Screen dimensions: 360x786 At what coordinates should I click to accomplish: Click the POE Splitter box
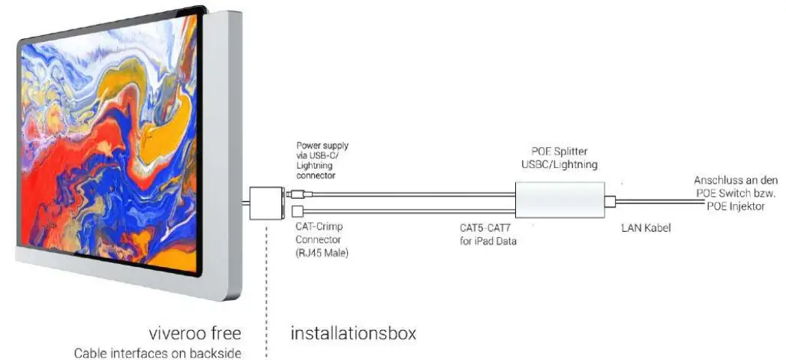[x=559, y=199]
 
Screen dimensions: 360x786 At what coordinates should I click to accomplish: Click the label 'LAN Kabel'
[x=645, y=227]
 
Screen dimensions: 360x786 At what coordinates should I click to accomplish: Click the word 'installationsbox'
[x=352, y=331]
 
